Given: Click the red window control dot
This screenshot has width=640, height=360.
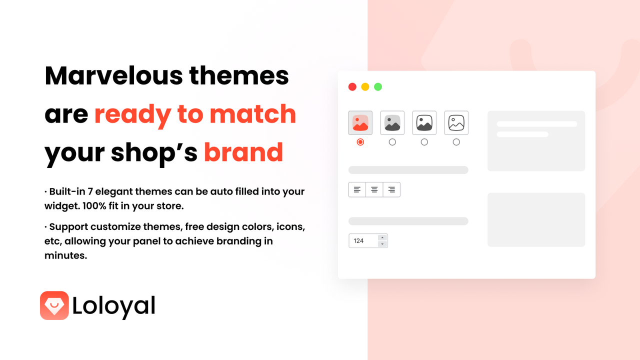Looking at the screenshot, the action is click(352, 87).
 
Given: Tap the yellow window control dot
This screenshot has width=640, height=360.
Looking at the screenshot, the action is click(365, 87).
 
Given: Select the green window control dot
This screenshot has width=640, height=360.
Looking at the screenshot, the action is click(378, 87).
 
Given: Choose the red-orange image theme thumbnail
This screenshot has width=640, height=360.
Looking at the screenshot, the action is click(360, 123).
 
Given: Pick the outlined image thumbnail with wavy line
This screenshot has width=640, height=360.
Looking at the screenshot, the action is click(456, 123).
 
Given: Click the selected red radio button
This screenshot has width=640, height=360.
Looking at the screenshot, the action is click(360, 142).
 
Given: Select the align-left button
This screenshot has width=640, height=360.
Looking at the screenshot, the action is click(357, 189).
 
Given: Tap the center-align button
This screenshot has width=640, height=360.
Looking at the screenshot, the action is click(374, 189).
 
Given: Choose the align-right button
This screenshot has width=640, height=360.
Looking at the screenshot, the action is click(391, 189).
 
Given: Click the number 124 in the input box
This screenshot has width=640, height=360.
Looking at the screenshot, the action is click(358, 241).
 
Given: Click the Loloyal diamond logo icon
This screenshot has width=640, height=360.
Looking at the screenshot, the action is click(54, 305).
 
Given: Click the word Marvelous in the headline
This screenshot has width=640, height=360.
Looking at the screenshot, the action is click(113, 75).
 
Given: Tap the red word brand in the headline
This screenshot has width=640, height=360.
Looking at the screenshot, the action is click(243, 152).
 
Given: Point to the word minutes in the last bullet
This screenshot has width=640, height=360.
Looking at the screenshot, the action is click(65, 255).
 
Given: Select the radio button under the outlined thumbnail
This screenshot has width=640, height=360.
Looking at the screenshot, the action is click(456, 142).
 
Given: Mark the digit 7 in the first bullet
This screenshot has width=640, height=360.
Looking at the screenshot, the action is click(90, 191).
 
